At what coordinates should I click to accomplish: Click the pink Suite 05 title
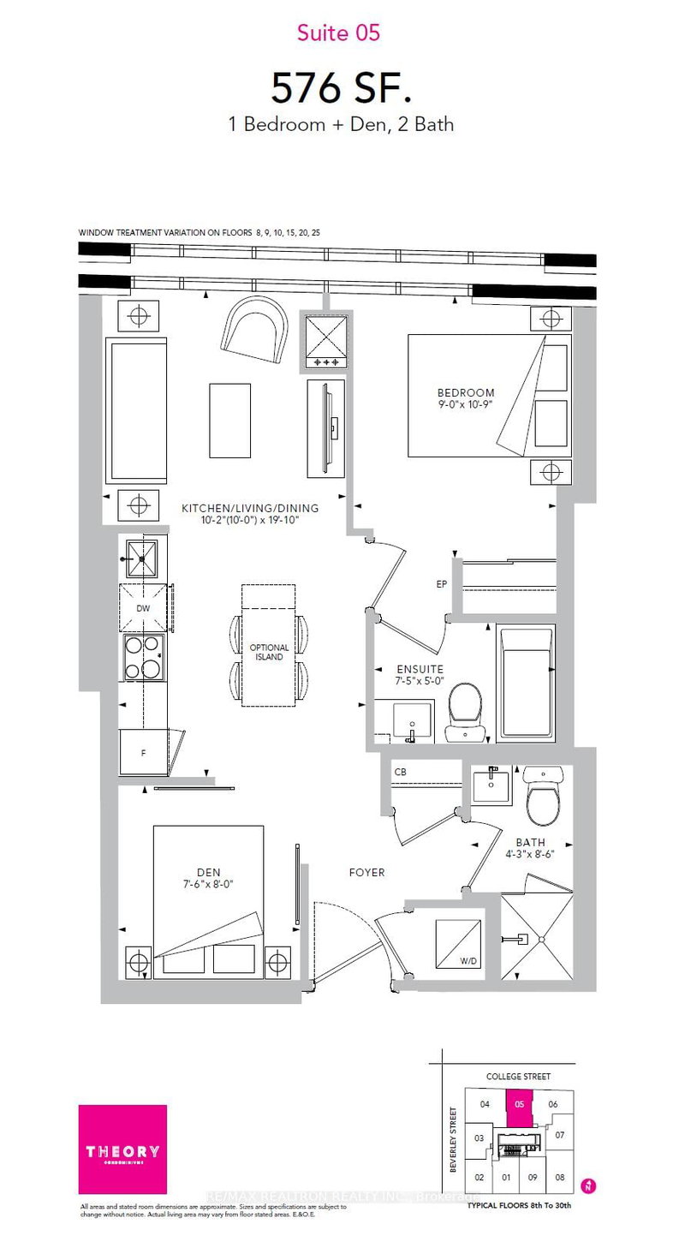[x=337, y=33]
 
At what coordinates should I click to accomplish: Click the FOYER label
[x=366, y=872]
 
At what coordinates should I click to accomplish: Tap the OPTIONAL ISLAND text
[x=269, y=653]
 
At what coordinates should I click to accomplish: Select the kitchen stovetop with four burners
[x=144, y=658]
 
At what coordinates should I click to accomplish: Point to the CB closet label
[x=400, y=772]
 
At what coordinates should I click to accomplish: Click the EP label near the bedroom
[x=441, y=585]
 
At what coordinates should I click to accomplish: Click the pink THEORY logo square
[x=122, y=1149]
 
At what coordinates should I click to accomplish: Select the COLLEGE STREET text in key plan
[x=519, y=1077]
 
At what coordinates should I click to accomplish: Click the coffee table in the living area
[x=230, y=420]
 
